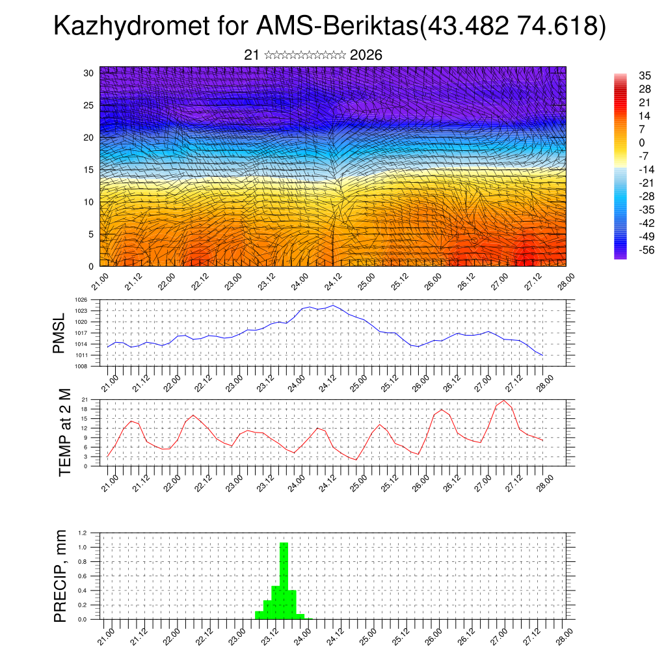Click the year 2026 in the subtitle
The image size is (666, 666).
[366, 55]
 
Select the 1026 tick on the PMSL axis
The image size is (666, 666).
[81, 300]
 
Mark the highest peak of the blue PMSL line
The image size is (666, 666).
[333, 305]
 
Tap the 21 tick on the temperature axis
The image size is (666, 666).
[85, 399]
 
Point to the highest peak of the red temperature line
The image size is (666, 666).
[503, 400]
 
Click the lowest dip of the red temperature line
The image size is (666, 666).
[356, 460]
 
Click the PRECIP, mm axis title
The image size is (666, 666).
[60, 576]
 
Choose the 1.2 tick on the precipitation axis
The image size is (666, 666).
[83, 533]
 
